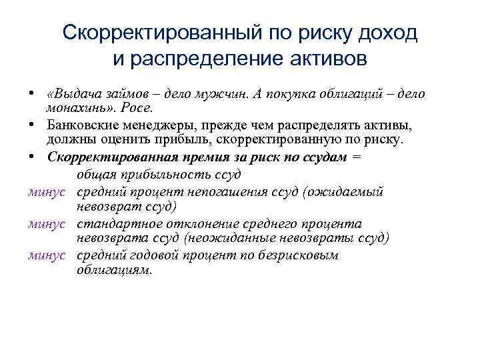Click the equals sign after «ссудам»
[358, 157]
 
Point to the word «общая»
[93, 175]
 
